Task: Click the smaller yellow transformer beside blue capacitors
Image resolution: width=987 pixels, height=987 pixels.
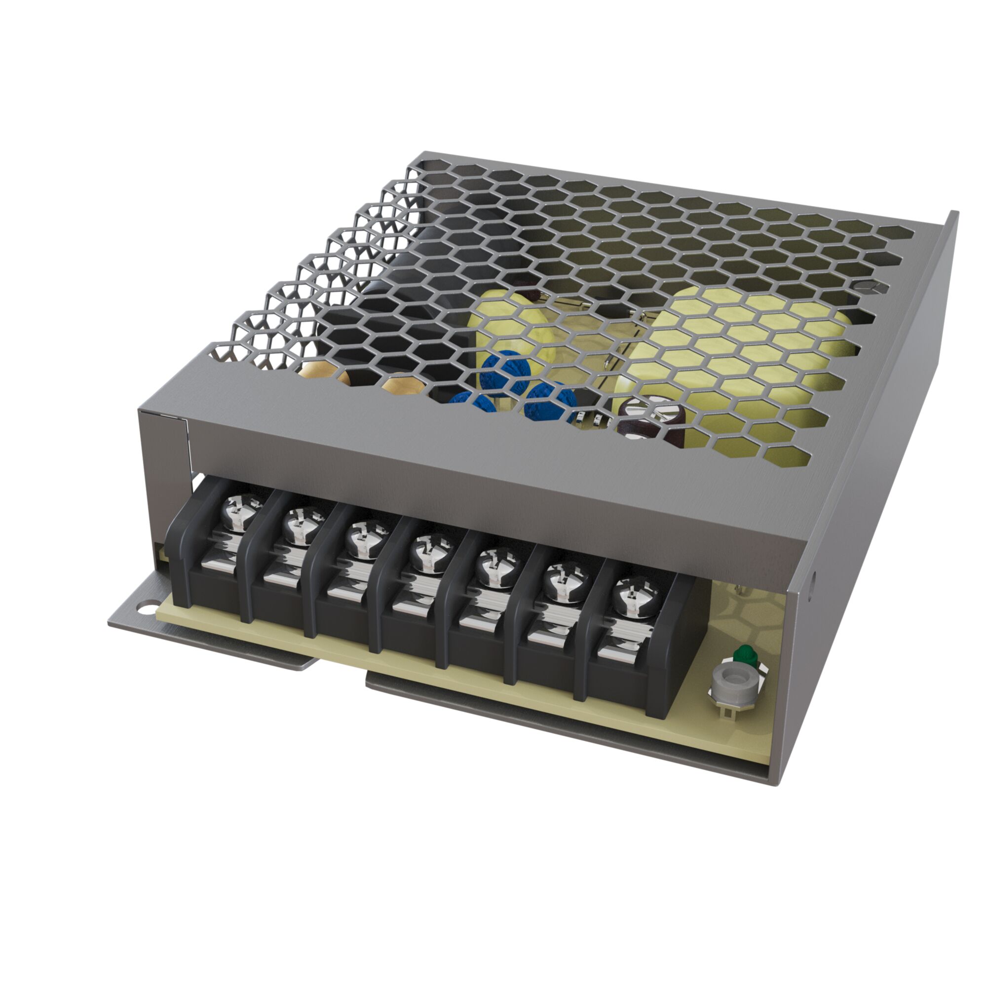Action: pyautogui.click(x=516, y=327)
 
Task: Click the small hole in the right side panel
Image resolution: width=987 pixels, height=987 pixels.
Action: pyautogui.click(x=813, y=581)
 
